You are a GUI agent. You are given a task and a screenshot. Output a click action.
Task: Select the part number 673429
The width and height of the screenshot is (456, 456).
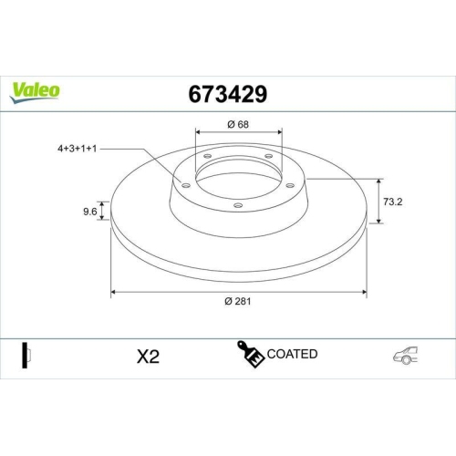click(x=227, y=93)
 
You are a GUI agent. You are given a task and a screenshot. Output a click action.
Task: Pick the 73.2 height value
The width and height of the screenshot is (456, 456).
click(x=395, y=202)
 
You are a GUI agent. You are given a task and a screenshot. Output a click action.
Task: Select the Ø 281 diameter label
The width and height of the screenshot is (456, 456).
click(x=239, y=303)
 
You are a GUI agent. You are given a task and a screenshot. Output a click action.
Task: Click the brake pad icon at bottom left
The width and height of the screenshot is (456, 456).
click(x=26, y=355)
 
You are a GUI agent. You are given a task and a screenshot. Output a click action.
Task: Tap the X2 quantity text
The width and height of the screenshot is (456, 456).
click(x=147, y=356)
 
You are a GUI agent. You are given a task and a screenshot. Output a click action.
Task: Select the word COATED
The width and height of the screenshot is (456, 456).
click(x=293, y=354)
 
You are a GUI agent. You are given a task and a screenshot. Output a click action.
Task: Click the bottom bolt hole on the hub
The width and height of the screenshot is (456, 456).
click(x=238, y=205)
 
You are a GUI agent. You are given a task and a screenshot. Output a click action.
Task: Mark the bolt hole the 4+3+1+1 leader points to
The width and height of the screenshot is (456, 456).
click(x=185, y=186)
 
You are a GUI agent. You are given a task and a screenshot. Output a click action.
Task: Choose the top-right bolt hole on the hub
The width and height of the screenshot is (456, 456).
click(x=270, y=156)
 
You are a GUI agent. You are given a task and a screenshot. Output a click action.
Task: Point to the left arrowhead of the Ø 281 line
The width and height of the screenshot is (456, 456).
click(x=113, y=293)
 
